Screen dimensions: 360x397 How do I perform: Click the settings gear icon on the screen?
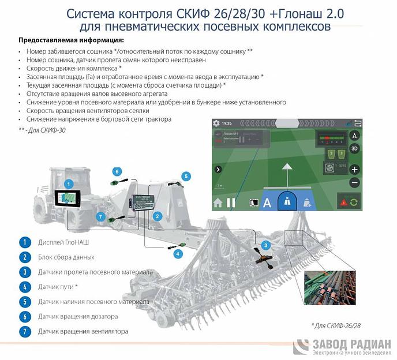tap(217, 123)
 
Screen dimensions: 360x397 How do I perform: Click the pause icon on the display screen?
tap(231, 202)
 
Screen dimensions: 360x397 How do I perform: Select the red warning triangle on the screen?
tap(344, 202)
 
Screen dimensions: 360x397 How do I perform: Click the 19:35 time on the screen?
tap(227, 123)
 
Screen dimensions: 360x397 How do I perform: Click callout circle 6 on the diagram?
tap(117, 171)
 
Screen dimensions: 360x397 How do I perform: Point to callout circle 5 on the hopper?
tap(186, 175)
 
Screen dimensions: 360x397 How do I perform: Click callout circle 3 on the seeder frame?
tap(265, 245)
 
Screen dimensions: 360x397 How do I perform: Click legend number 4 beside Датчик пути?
tap(24, 287)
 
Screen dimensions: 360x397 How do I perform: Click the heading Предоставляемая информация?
tap(71, 40)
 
